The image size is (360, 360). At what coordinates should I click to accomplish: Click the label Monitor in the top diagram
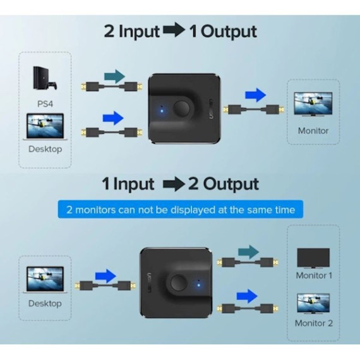point(313,131)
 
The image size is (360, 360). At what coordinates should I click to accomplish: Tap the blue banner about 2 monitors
point(181,208)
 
